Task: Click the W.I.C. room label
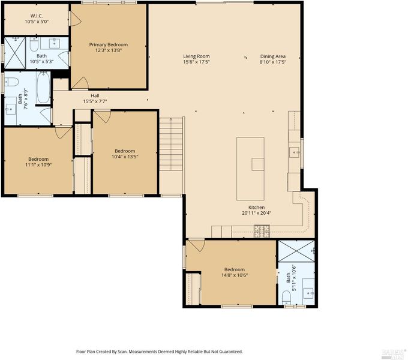pyautogui.click(x=37, y=16)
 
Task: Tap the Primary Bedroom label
pyautogui.click(x=109, y=44)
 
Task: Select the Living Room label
pyautogui.click(x=196, y=56)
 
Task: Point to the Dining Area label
pyautogui.click(x=272, y=56)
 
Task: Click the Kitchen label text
pyautogui.click(x=257, y=208)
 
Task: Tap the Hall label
pyautogui.click(x=95, y=96)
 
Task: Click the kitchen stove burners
pyautogui.click(x=262, y=231)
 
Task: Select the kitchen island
pyautogui.click(x=250, y=169)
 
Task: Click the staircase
pyautogui.click(x=170, y=144)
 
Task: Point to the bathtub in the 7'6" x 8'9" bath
pyautogui.click(x=43, y=88)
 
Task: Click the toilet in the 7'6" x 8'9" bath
pyautogui.click(x=12, y=82)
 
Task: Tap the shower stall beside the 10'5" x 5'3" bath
pyautogui.click(x=15, y=53)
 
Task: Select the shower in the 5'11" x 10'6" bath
pyautogui.click(x=296, y=251)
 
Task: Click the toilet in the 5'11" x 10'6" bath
pyautogui.click(x=286, y=298)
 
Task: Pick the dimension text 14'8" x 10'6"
pyautogui.click(x=235, y=275)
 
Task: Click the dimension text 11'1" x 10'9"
pyautogui.click(x=38, y=164)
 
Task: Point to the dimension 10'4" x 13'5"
pyautogui.click(x=125, y=157)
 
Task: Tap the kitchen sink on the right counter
pyautogui.click(x=295, y=152)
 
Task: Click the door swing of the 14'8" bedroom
pyautogui.click(x=197, y=245)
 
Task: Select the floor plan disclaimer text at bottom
pyautogui.click(x=159, y=352)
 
